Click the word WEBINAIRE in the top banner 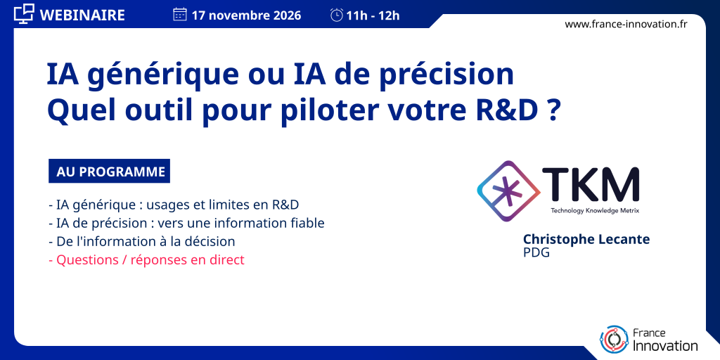(83, 15)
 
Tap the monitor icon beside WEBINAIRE (24, 14)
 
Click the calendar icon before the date (179, 15)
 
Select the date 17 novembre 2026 (247, 15)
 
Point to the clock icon (337, 15)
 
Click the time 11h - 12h (373, 15)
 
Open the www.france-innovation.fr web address (626, 25)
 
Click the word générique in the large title (163, 76)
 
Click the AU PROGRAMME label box (109, 172)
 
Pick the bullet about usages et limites (174, 205)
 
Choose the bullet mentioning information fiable (186, 223)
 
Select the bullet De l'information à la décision (141, 242)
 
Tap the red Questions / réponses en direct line (146, 260)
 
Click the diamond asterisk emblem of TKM (508, 191)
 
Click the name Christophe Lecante (587, 239)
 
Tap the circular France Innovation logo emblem (614, 340)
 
